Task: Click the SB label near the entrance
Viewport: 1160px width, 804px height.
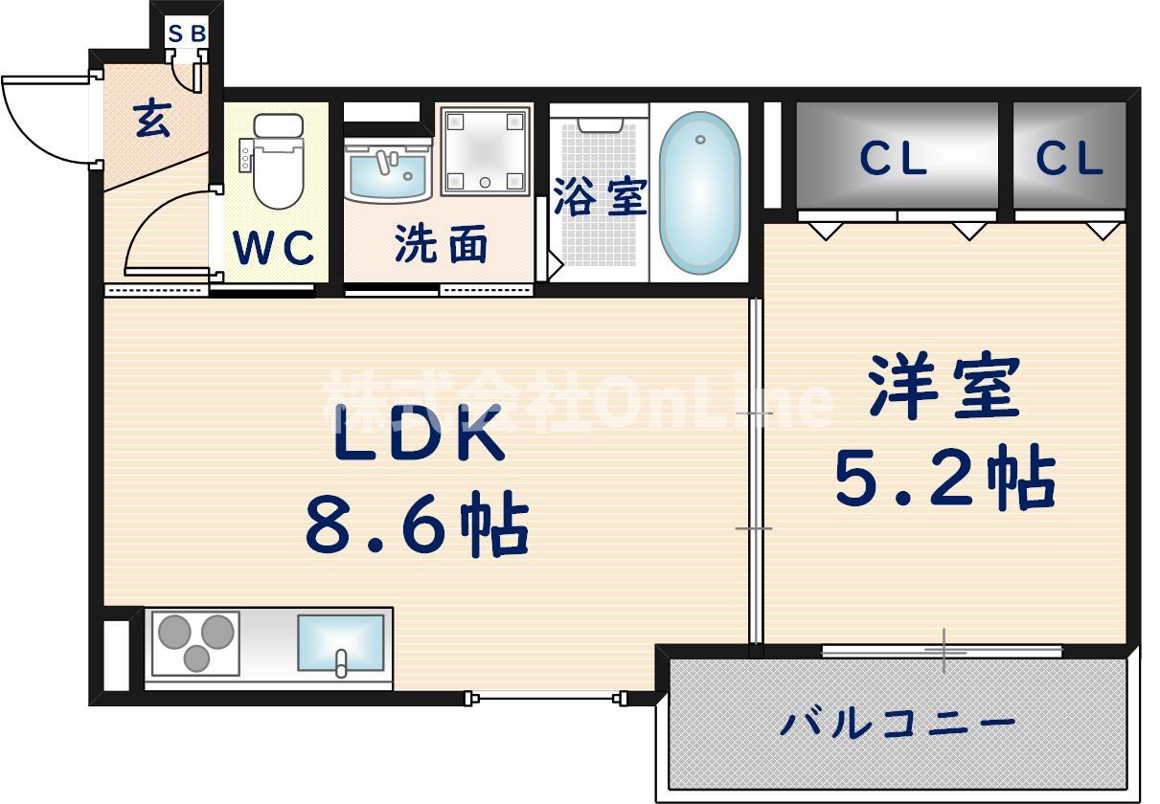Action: [x=188, y=34]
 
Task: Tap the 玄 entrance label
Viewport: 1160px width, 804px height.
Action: [x=152, y=119]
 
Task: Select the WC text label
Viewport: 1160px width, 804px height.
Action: [x=273, y=247]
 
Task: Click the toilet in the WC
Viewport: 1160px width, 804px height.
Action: [x=278, y=161]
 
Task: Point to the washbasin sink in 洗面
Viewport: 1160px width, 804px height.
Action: [x=388, y=171]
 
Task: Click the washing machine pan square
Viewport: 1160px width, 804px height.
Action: [x=486, y=150]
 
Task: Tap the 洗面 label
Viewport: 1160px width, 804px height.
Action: [x=441, y=244]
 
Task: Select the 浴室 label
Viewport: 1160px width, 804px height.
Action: [x=601, y=196]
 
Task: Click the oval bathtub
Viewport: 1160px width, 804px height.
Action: [x=699, y=192]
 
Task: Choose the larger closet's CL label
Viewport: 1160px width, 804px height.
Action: [x=894, y=158]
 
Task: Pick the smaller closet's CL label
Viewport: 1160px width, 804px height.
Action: [x=1069, y=158]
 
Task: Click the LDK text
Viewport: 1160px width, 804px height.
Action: [x=419, y=433]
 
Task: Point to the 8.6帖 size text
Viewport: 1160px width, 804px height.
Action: [x=418, y=523]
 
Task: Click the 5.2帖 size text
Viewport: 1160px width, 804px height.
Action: [x=945, y=477]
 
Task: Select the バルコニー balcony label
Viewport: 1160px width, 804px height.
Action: [x=898, y=724]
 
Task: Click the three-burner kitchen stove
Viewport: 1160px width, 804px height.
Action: [x=195, y=643]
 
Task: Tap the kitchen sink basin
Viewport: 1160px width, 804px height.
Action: [x=341, y=642]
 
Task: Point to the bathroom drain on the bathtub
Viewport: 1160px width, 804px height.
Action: [x=700, y=139]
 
